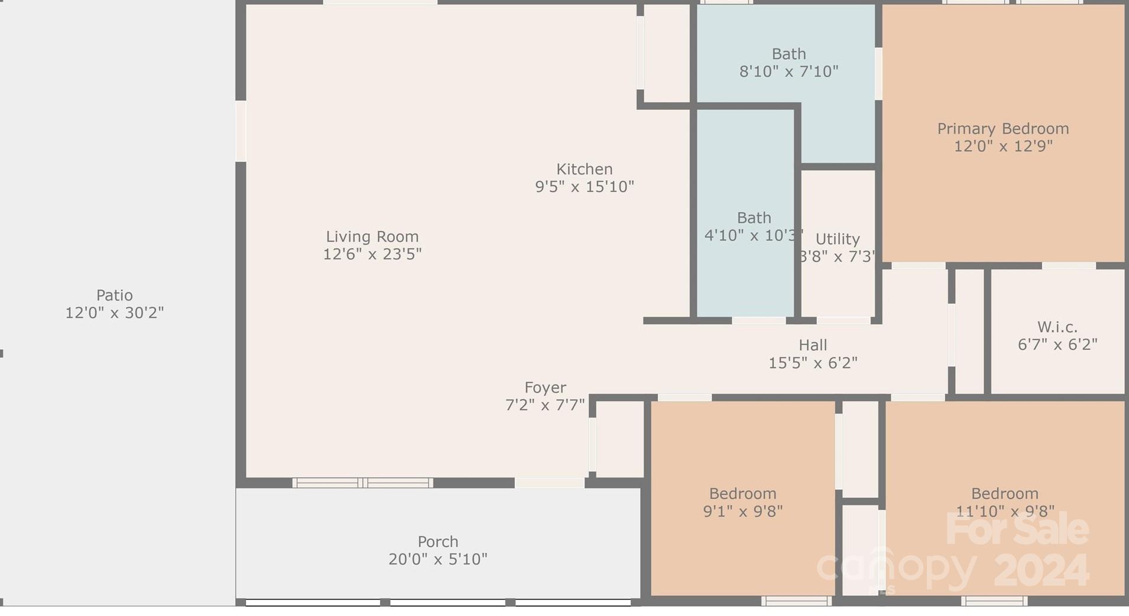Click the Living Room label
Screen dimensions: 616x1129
[x=372, y=237]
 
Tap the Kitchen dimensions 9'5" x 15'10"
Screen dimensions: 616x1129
[x=584, y=187]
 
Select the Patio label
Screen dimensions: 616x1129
[x=114, y=295]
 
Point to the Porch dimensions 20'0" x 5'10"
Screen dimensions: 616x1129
[x=437, y=559]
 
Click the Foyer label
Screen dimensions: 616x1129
[x=545, y=388]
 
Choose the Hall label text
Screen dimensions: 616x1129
[x=813, y=346]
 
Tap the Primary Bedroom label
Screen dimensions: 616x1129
[x=1003, y=129]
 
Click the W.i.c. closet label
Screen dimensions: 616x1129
[x=1057, y=327]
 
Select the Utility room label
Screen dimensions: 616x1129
[x=837, y=239]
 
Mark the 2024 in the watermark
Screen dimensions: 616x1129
[x=1042, y=571]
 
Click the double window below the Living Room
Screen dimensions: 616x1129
[x=362, y=483]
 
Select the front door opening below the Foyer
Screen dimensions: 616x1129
[x=550, y=483]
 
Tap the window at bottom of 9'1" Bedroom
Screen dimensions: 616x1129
[x=796, y=601]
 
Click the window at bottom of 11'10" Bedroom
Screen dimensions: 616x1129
[x=994, y=601]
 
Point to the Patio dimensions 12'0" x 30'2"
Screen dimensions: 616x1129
[x=114, y=313]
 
